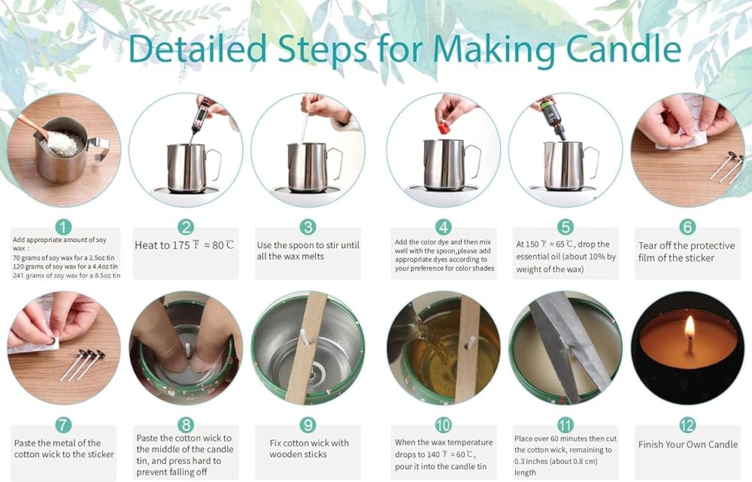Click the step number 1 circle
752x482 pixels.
coord(63,227)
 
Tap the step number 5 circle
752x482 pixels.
coord(566,227)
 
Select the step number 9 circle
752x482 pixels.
coord(308,425)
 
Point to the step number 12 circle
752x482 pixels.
coord(687,425)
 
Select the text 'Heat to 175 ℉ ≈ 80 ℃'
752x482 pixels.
coord(185,245)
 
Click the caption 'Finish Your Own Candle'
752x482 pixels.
coord(688,444)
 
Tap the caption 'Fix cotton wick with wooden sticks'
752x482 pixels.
coord(309,448)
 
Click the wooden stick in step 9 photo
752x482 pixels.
coord(305,346)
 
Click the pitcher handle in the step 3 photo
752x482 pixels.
coord(335,163)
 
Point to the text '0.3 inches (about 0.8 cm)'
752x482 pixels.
coord(556,462)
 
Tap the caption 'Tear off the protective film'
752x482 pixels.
coord(687,251)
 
